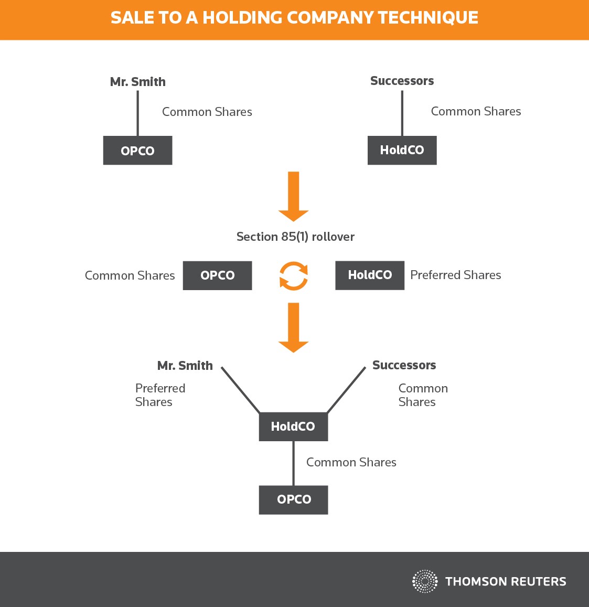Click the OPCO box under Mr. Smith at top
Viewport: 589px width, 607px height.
(x=137, y=150)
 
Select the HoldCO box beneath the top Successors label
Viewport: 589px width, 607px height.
(x=402, y=150)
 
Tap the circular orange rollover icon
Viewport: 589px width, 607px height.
(x=294, y=276)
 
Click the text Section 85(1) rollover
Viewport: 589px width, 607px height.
(x=295, y=237)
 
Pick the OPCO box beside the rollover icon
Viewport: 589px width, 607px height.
(x=218, y=275)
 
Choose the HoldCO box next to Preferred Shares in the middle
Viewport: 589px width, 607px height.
(x=370, y=275)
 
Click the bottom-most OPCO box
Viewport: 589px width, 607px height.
(x=293, y=500)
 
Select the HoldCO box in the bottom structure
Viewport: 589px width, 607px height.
(x=293, y=427)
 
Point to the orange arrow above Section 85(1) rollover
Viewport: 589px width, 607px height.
(x=293, y=197)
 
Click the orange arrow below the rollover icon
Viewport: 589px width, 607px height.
(x=293, y=328)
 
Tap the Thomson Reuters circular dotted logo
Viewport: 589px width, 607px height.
(x=425, y=581)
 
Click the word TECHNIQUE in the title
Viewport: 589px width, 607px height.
(x=428, y=18)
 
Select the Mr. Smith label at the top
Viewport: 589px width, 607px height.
(x=138, y=82)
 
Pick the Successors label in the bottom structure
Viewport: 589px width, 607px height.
(x=404, y=365)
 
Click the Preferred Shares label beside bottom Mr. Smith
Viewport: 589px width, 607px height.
(x=160, y=395)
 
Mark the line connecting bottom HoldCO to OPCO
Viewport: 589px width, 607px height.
(x=293, y=463)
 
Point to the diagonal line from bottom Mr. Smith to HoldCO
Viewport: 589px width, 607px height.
(x=240, y=390)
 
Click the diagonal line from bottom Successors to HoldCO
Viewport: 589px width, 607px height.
(x=346, y=390)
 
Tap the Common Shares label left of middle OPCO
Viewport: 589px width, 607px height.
(x=130, y=275)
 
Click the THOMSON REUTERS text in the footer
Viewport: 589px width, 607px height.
(x=506, y=581)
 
